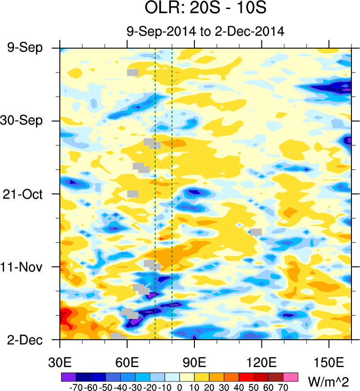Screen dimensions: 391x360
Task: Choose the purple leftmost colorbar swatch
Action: (x=67, y=376)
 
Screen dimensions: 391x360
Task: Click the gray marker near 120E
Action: (x=256, y=232)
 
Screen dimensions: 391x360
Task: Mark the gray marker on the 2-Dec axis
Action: (x=116, y=336)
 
